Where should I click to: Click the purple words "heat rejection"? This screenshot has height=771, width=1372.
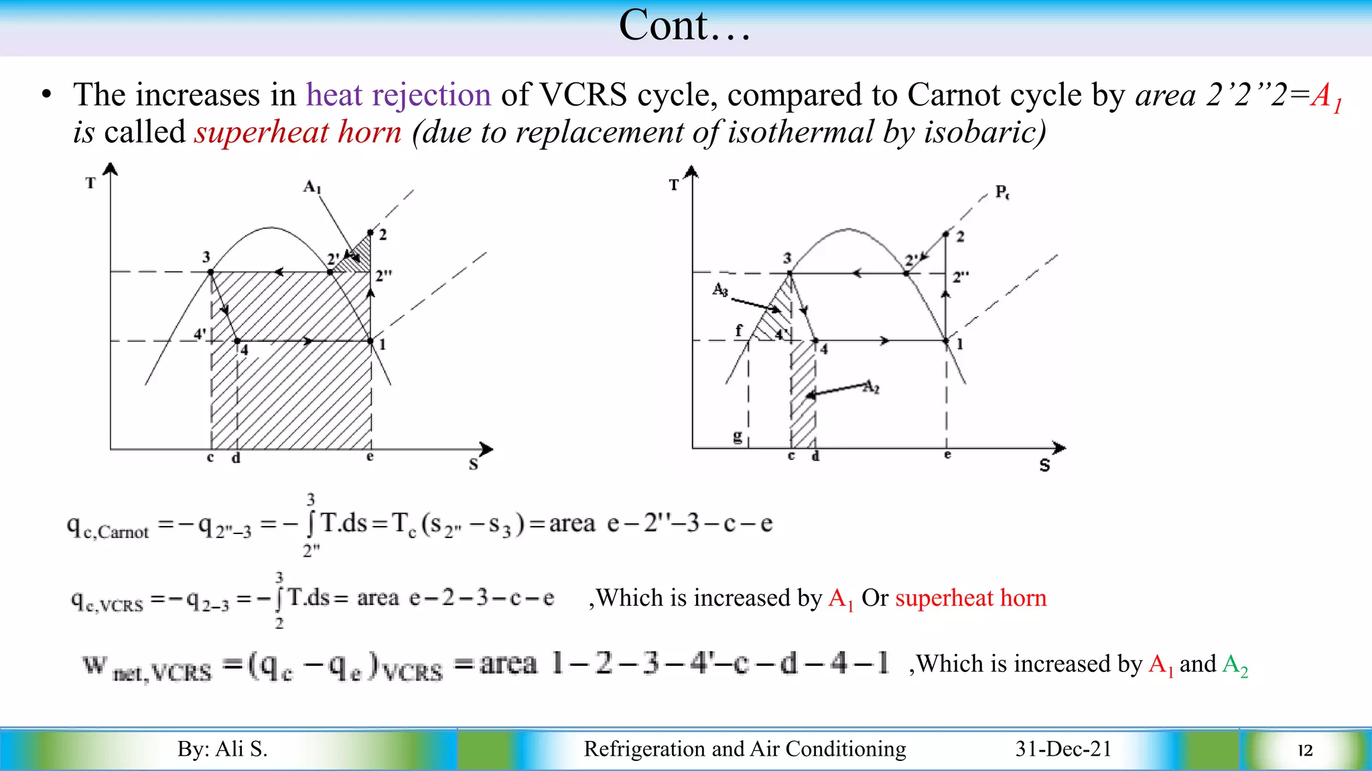tap(399, 94)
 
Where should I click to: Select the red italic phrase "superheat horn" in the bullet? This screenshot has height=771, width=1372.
tap(298, 132)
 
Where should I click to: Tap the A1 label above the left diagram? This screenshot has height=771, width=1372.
tap(312, 186)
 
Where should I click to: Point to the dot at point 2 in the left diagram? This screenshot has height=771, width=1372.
tap(370, 232)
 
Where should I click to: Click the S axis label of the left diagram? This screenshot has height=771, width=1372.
tap(474, 464)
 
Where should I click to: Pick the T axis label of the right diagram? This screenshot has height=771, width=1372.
tap(674, 185)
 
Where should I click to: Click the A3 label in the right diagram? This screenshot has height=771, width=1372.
tap(720, 289)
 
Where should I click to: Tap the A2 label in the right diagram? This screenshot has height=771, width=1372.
tap(871, 387)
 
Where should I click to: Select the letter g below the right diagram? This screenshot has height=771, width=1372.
tap(738, 436)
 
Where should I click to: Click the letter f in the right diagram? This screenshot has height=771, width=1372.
tap(739, 330)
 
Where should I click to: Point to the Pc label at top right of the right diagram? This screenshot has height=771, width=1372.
tap(1002, 192)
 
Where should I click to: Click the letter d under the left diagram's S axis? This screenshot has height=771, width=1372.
tap(236, 458)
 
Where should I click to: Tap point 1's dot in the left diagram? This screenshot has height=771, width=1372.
tap(371, 341)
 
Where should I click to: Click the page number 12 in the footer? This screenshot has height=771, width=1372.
tap(1304, 750)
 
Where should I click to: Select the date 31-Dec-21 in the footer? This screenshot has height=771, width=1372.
tap(1063, 748)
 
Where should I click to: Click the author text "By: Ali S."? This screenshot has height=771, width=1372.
tap(222, 748)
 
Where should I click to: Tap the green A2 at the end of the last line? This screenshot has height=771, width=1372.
tap(1235, 665)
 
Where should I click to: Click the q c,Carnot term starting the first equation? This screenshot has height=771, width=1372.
tap(107, 527)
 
